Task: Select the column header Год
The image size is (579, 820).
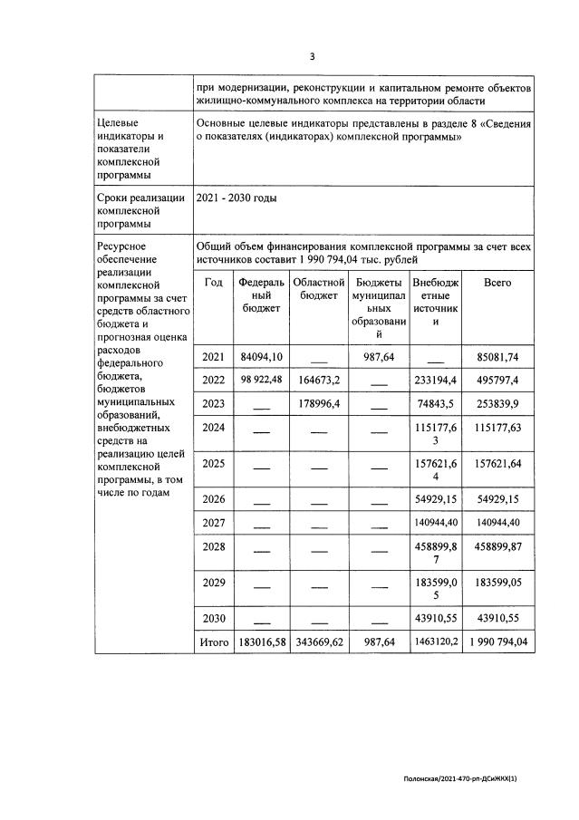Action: point(214,283)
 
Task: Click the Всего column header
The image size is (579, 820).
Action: point(497,283)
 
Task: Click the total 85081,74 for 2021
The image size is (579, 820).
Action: point(497,356)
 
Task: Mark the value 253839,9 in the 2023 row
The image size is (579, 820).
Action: point(497,403)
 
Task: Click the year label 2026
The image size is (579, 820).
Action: point(214,498)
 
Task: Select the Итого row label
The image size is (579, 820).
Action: point(214,642)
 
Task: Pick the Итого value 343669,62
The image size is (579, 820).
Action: point(316,642)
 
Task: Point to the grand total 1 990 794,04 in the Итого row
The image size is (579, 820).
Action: point(497,642)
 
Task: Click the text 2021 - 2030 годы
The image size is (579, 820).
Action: point(236,198)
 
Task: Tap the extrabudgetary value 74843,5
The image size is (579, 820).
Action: point(436,403)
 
